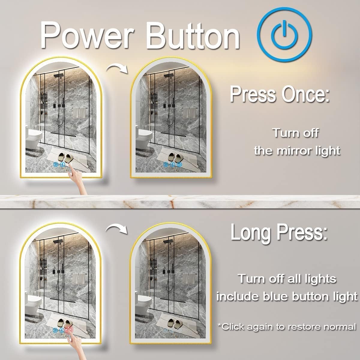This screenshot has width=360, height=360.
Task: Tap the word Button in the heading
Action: (x=193, y=35)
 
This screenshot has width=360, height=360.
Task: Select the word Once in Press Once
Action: (x=305, y=94)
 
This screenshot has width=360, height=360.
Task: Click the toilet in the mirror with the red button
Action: (x=33, y=304)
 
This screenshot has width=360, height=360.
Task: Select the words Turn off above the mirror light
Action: (x=296, y=133)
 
